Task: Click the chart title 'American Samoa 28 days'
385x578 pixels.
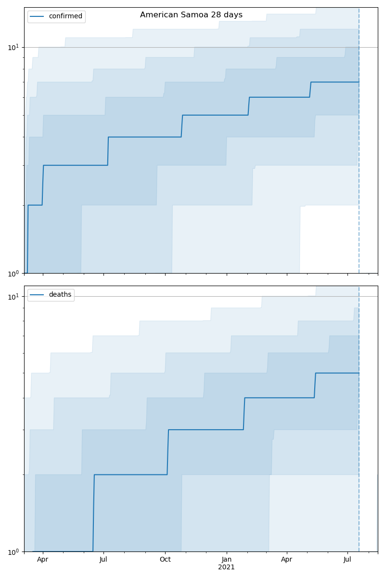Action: [191, 15]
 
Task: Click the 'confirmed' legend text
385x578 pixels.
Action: [65, 16]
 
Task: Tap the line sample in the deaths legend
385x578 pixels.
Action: [37, 295]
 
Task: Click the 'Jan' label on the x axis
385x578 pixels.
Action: [226, 560]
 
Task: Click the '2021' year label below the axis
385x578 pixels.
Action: [226, 567]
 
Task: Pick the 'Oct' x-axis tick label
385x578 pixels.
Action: [165, 560]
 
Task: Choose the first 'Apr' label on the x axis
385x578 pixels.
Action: [43, 560]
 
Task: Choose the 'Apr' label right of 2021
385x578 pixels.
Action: [287, 560]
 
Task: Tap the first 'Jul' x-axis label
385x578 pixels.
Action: [103, 560]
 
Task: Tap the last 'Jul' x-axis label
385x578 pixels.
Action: [347, 560]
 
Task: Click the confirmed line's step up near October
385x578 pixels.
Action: [182, 126]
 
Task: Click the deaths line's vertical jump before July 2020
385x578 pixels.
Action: [93, 513]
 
